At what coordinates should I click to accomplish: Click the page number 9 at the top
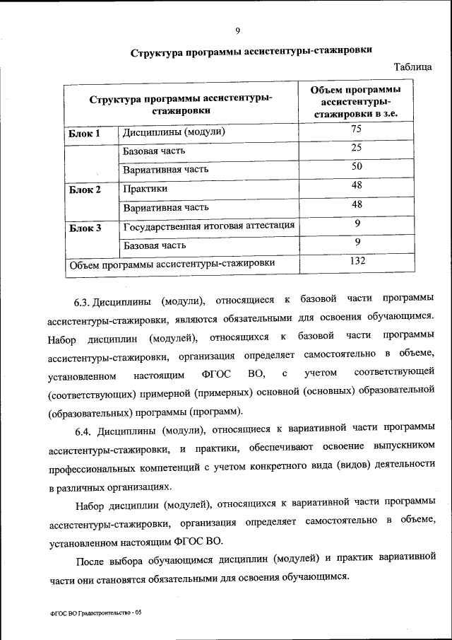238,30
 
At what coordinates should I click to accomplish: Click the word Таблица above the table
413,67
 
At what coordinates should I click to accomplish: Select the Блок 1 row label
84,132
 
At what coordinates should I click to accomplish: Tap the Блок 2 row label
84,190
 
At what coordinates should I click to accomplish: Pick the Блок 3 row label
84,228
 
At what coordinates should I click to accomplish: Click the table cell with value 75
357,129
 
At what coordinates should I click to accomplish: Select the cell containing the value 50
357,166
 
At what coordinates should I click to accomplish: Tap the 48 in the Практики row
357,185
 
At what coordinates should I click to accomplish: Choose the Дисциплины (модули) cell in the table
174,132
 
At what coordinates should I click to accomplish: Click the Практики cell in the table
145,189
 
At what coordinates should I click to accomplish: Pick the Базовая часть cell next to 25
154,151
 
